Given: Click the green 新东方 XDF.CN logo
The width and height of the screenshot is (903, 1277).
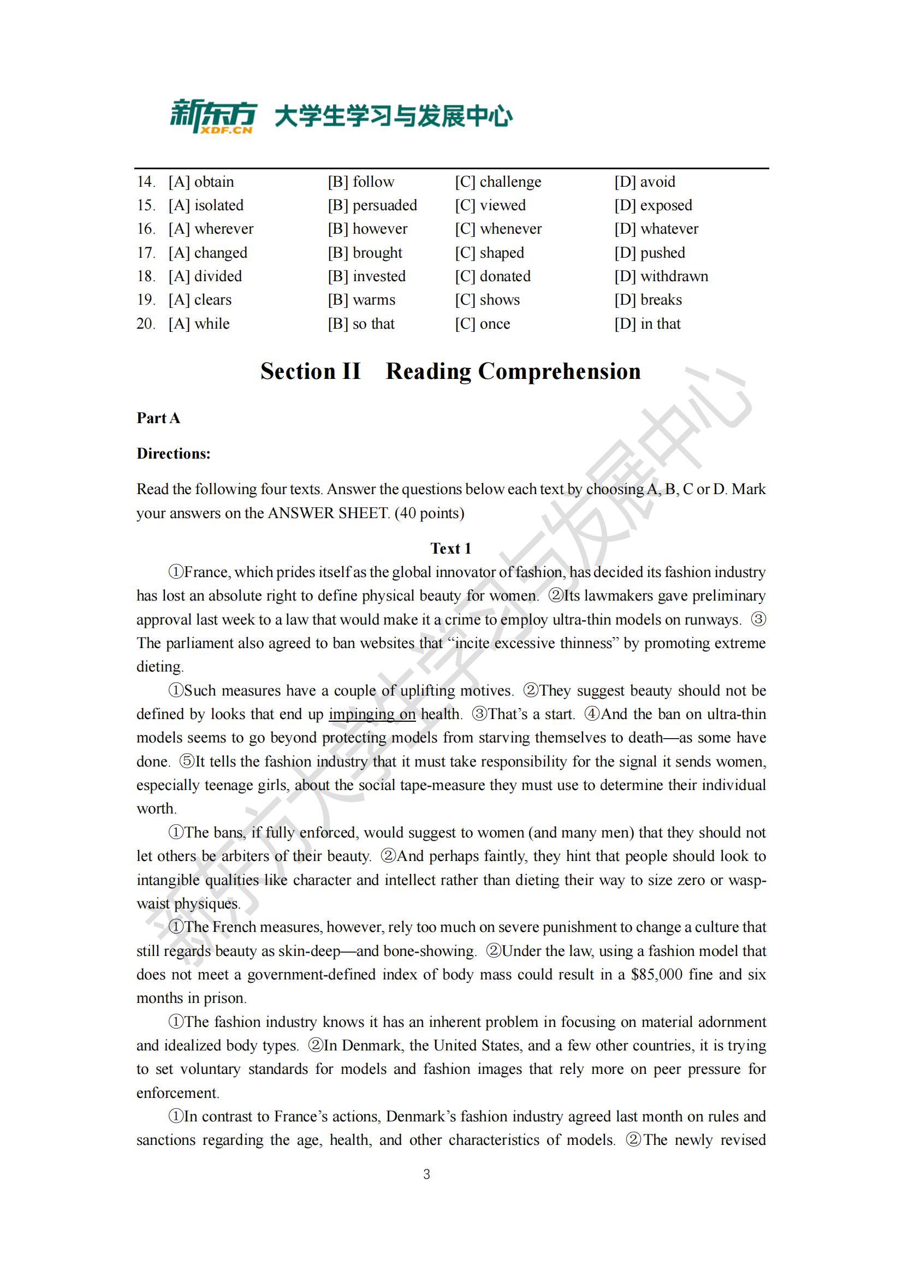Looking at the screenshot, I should pyautogui.click(x=213, y=116).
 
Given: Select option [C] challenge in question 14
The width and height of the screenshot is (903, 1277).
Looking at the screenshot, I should pyautogui.click(x=498, y=182).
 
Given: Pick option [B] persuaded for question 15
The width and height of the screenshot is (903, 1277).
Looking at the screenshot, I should pyautogui.click(x=372, y=205).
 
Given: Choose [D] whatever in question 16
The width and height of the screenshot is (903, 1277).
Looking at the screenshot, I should pyautogui.click(x=656, y=229).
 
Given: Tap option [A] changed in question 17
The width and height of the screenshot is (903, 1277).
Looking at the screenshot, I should pyautogui.click(x=208, y=253).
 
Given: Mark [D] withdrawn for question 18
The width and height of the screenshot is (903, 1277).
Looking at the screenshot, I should pyautogui.click(x=661, y=276).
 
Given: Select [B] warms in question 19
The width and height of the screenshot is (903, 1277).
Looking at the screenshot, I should pyautogui.click(x=361, y=300).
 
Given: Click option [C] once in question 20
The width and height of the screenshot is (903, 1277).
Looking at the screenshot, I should pyautogui.click(x=482, y=324).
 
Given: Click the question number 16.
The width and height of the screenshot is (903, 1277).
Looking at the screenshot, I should pyautogui.click(x=146, y=229).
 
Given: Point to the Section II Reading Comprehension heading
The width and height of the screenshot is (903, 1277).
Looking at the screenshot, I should pyautogui.click(x=450, y=371).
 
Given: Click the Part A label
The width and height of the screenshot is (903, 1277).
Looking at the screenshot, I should pyautogui.click(x=158, y=418).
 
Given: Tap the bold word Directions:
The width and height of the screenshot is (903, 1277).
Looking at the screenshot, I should pyautogui.click(x=174, y=454).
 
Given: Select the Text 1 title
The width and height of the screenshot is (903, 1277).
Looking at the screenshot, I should pyautogui.click(x=450, y=548).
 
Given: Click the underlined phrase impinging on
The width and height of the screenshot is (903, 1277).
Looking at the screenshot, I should pyautogui.click(x=372, y=714).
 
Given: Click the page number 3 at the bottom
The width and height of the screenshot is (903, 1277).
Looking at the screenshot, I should pyautogui.click(x=426, y=1174).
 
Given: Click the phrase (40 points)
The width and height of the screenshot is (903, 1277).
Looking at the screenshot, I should pyautogui.click(x=429, y=513).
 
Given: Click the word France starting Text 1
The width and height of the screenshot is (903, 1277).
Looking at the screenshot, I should pyautogui.click(x=206, y=572).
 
